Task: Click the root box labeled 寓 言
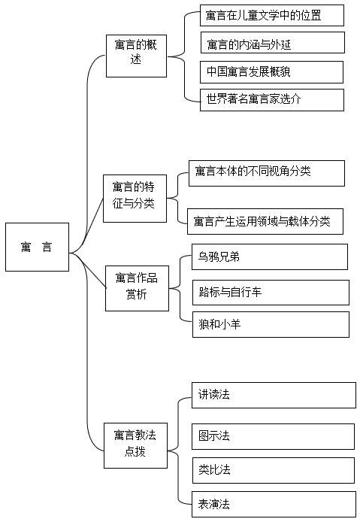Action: click(x=38, y=247)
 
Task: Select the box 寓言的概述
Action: click(x=137, y=56)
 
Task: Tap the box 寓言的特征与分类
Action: click(x=135, y=199)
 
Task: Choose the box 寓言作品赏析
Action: click(x=137, y=288)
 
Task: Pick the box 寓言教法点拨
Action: click(x=135, y=445)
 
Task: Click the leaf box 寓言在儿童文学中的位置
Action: click(x=272, y=15)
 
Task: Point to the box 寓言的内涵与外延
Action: click(x=273, y=43)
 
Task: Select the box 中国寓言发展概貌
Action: click(x=271, y=72)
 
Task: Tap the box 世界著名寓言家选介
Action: click(x=272, y=100)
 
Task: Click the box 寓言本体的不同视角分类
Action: click(x=267, y=173)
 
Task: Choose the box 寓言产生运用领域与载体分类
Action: click(x=265, y=221)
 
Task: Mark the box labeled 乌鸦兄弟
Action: click(x=270, y=256)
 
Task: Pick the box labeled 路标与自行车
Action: click(x=271, y=293)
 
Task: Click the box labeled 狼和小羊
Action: click(x=271, y=325)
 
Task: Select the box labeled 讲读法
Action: click(x=274, y=395)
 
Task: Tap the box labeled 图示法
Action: click(x=273, y=436)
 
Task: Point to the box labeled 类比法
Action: click(x=274, y=470)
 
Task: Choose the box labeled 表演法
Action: click(x=274, y=505)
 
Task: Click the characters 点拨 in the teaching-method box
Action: click(x=135, y=452)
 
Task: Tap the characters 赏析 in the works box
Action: click(x=137, y=294)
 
